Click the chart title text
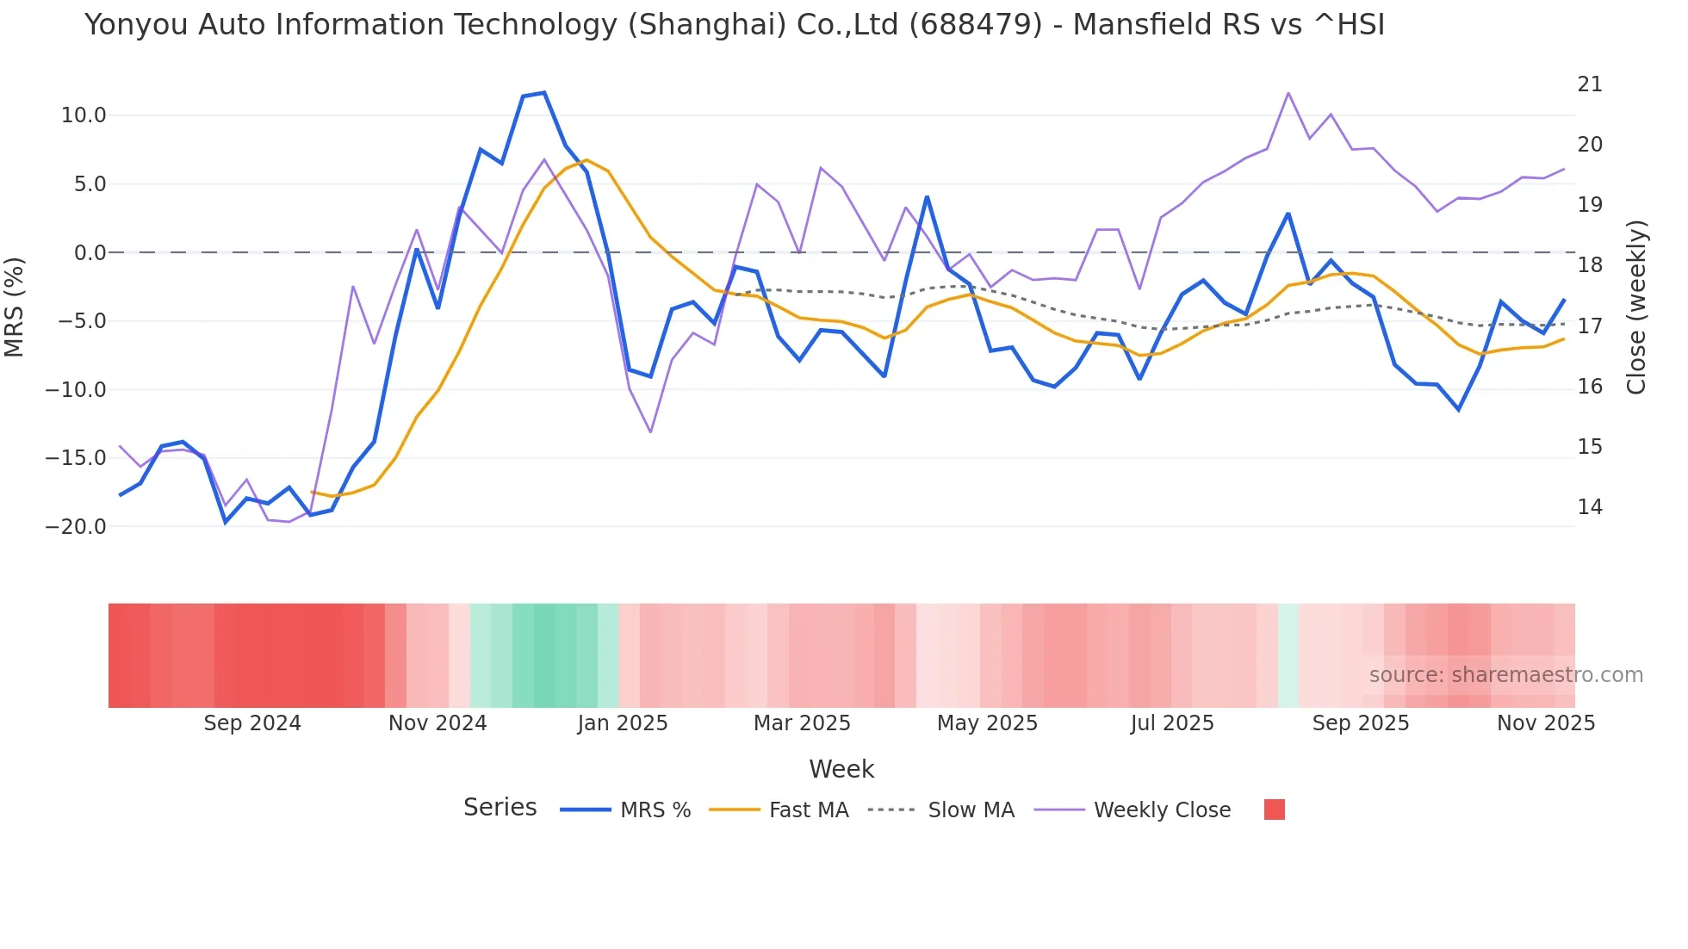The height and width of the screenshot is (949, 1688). click(735, 25)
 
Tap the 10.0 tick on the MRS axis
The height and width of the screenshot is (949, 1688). click(84, 115)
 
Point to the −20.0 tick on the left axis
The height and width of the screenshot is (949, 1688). click(76, 527)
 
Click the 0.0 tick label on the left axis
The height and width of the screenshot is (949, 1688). click(90, 253)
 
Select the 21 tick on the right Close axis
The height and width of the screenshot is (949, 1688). click(1590, 84)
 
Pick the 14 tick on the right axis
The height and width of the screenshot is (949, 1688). click(1590, 507)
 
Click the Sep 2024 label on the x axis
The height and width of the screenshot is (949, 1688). click(252, 723)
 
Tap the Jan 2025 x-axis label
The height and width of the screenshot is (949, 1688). click(623, 723)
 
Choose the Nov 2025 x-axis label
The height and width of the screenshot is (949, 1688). click(1546, 723)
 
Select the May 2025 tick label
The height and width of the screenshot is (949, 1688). click(987, 723)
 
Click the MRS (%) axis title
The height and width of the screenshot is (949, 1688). click(15, 307)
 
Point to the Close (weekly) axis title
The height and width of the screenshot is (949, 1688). click(1637, 307)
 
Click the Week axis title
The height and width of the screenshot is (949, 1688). click(841, 769)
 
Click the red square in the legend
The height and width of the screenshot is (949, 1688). click(1275, 809)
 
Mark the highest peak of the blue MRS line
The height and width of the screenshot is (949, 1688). click(543, 93)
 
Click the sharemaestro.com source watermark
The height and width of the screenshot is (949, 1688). click(1505, 675)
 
